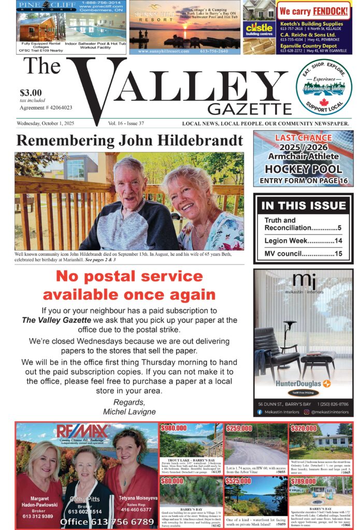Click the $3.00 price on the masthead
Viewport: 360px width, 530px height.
(31, 93)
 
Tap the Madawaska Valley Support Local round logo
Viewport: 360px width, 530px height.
(324, 87)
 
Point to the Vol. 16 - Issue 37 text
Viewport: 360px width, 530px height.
(126, 124)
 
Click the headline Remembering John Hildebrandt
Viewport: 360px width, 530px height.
(129, 140)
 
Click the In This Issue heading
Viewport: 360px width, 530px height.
(303, 205)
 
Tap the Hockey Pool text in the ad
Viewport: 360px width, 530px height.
(303, 169)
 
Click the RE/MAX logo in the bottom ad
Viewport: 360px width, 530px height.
(83, 432)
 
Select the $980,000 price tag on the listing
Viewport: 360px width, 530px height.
(174, 429)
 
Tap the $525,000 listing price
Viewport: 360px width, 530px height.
(238, 481)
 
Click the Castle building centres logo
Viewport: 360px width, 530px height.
(259, 29)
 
